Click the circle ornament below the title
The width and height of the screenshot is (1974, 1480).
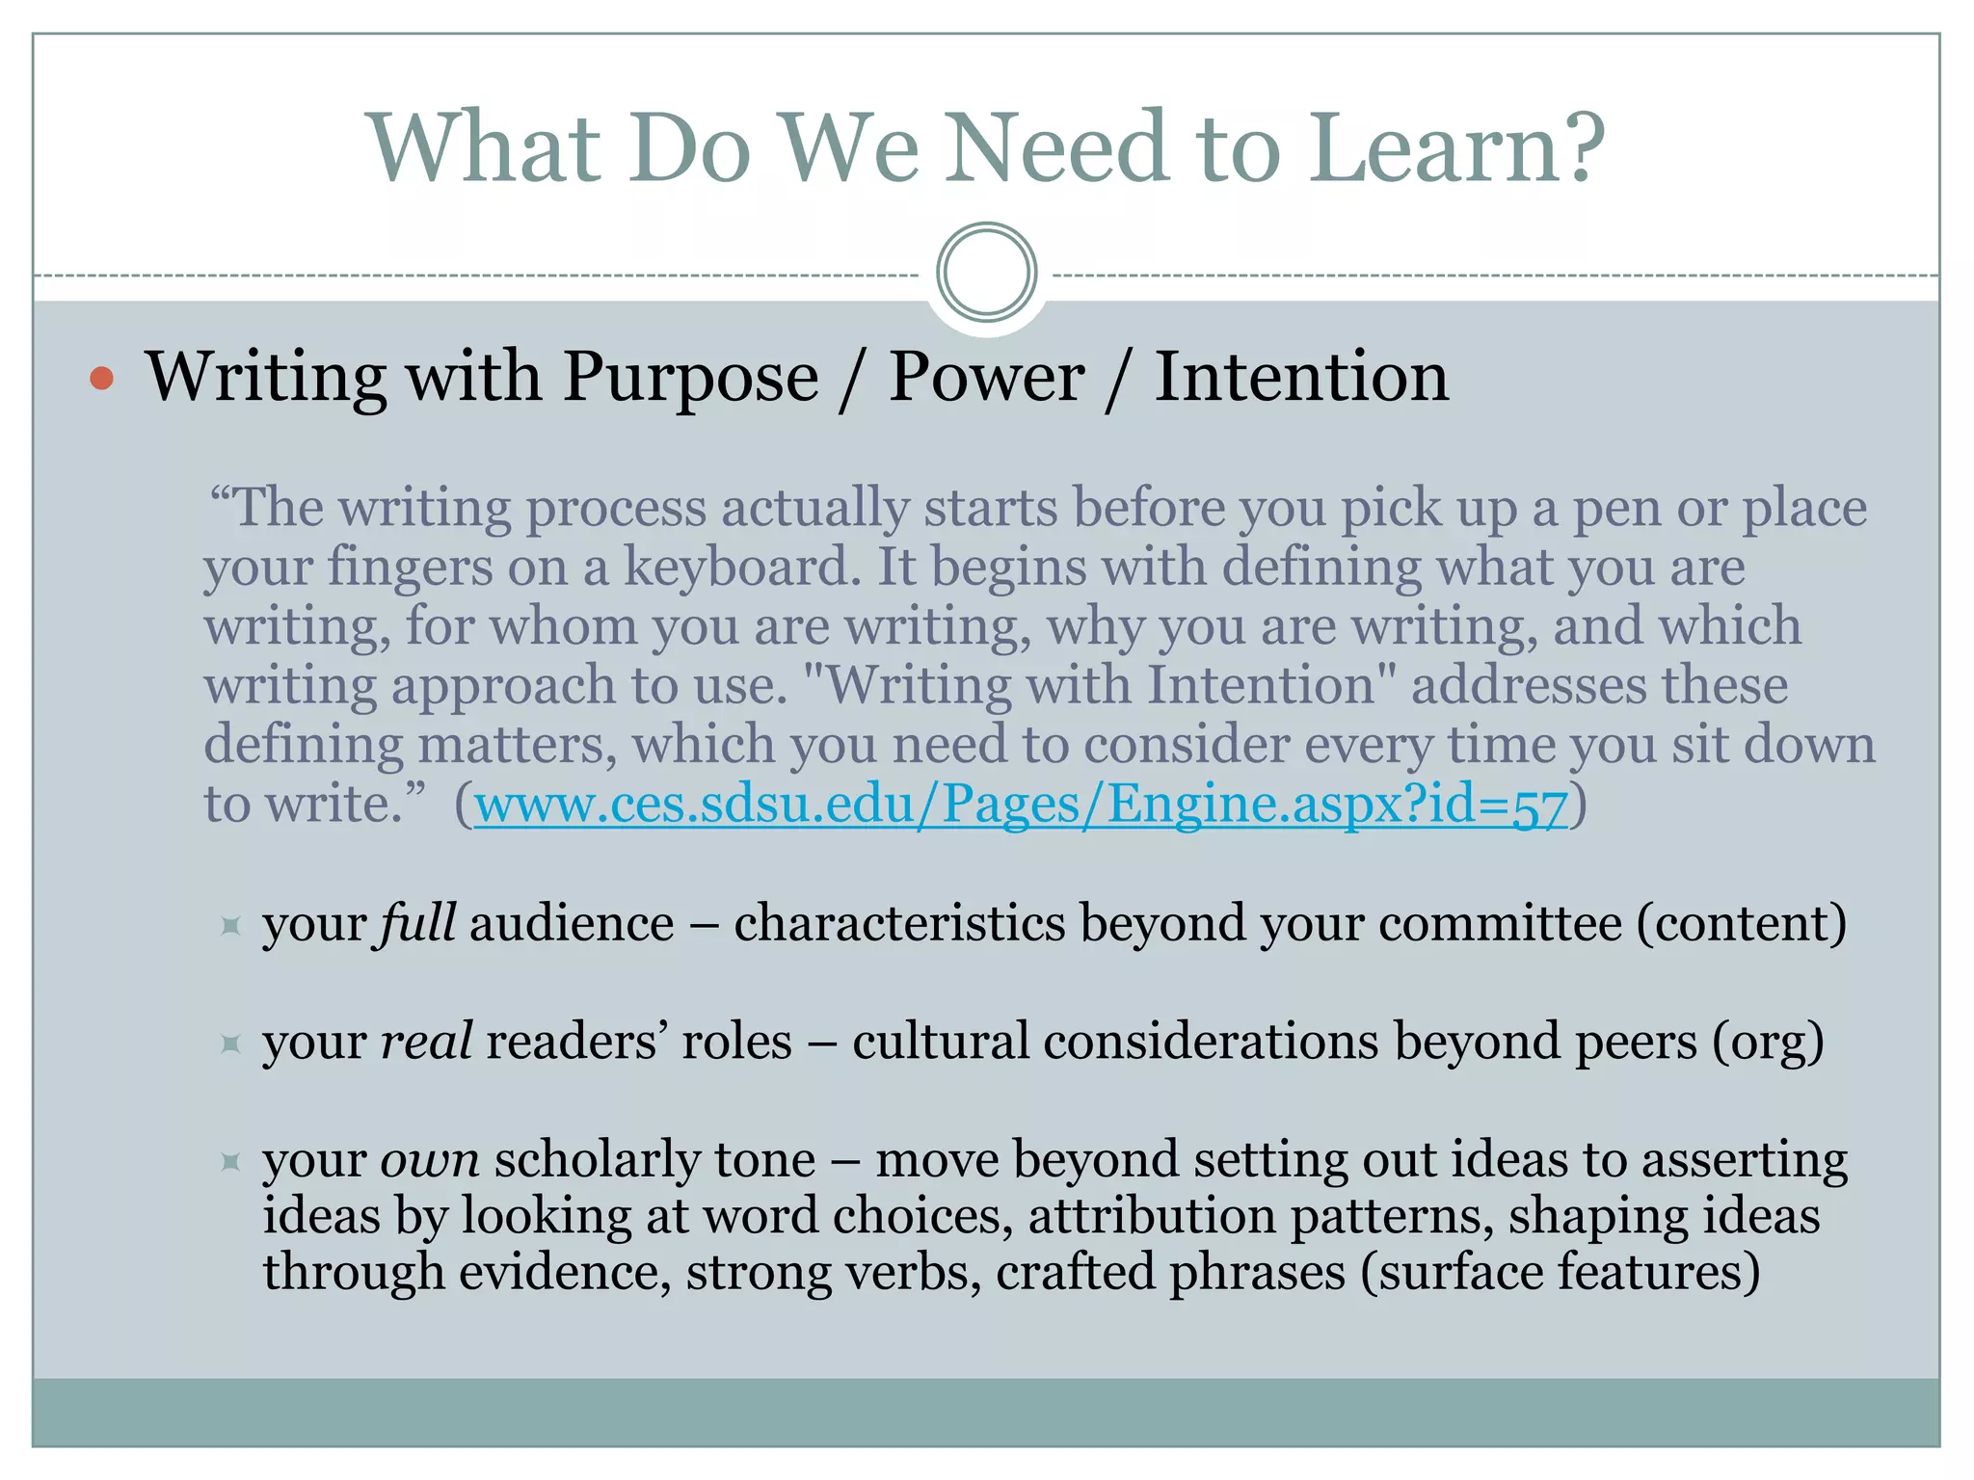pyautogui.click(x=986, y=273)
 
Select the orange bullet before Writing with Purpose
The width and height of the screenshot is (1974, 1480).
pyautogui.click(x=101, y=378)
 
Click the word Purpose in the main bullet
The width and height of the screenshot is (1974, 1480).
pyautogui.click(x=690, y=378)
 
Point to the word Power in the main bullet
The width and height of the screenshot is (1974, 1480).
pyautogui.click(x=986, y=378)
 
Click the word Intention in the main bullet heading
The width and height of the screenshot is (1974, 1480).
pyautogui.click(x=1301, y=378)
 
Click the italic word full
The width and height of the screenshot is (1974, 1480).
pyautogui.click(x=416, y=924)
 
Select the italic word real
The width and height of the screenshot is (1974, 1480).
pyautogui.click(x=426, y=1043)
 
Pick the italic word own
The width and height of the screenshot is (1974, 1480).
pyautogui.click(x=430, y=1160)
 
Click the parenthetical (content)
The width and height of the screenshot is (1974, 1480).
pyautogui.click(x=1741, y=924)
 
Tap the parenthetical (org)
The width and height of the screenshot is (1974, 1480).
pyautogui.click(x=1768, y=1043)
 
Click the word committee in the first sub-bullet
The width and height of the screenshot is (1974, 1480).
pyautogui.click(x=1500, y=924)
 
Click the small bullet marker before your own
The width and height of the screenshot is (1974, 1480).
pyautogui.click(x=229, y=1162)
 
